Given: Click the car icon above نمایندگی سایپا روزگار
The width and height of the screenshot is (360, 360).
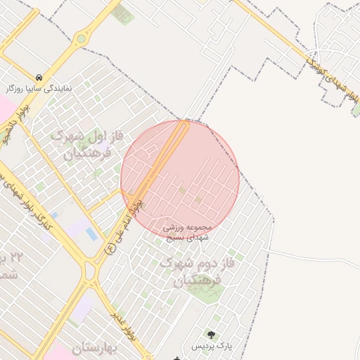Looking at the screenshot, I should point(38,77).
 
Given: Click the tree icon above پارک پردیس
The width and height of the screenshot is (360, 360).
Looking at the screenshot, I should point(210,334).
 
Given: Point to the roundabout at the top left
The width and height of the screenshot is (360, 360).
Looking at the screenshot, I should point(82,38).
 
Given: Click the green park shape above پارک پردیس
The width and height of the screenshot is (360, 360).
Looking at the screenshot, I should point(207,291).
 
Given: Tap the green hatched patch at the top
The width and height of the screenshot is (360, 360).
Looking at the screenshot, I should point(122,14).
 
